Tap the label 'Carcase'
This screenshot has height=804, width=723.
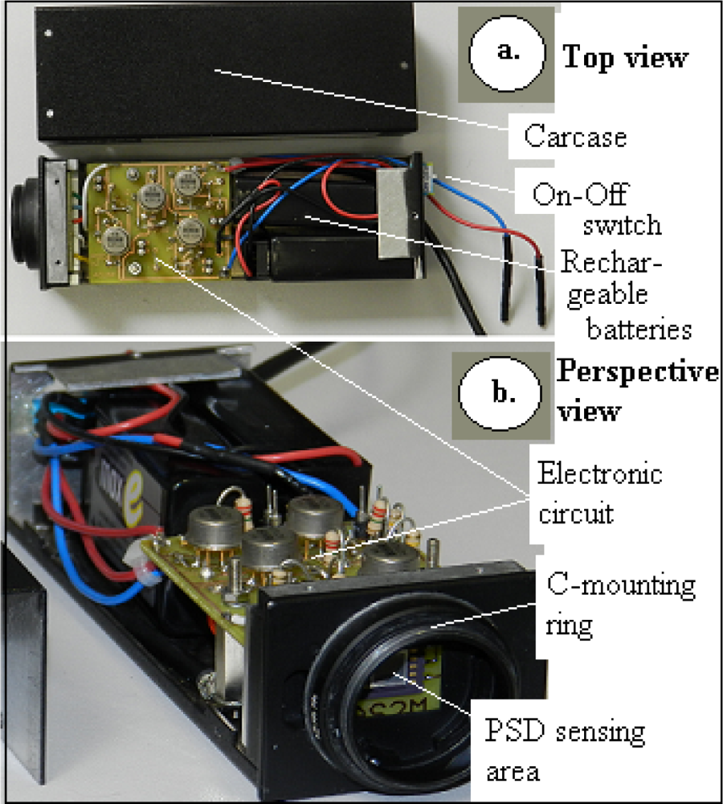tap(574, 136)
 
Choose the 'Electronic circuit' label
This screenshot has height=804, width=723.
tap(598, 493)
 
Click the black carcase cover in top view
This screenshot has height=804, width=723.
tap(225, 76)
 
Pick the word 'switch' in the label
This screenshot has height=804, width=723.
tap(623, 224)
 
